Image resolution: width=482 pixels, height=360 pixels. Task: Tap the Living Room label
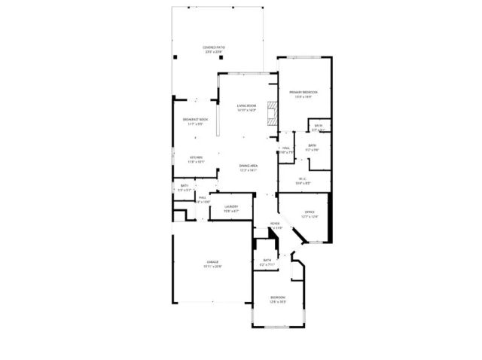coord(247,105)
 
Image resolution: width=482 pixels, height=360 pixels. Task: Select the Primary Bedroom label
coord(304,92)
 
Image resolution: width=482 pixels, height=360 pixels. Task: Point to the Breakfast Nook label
coord(195,120)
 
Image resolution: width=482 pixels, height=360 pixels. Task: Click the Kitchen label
coord(196,157)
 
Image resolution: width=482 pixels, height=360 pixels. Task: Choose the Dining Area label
coord(249,166)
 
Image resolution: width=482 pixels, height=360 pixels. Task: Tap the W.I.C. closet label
coord(304,178)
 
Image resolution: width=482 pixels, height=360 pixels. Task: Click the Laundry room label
coord(231,206)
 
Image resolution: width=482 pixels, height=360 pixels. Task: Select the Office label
coord(310,212)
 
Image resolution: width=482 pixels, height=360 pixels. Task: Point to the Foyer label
coord(276,224)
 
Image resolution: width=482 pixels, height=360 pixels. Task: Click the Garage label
coord(213,262)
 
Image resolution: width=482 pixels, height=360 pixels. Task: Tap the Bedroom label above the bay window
coord(278,297)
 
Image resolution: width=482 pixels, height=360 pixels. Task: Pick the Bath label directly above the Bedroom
coord(267,260)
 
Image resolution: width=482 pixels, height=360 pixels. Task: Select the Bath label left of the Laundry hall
coord(185,185)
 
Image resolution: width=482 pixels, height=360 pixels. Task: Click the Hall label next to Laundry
coord(203,197)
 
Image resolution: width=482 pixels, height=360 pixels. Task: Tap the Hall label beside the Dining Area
coord(286,148)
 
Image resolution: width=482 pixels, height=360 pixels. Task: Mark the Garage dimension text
coord(213,267)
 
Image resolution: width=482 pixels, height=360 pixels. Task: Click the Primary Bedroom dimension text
coord(304,96)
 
